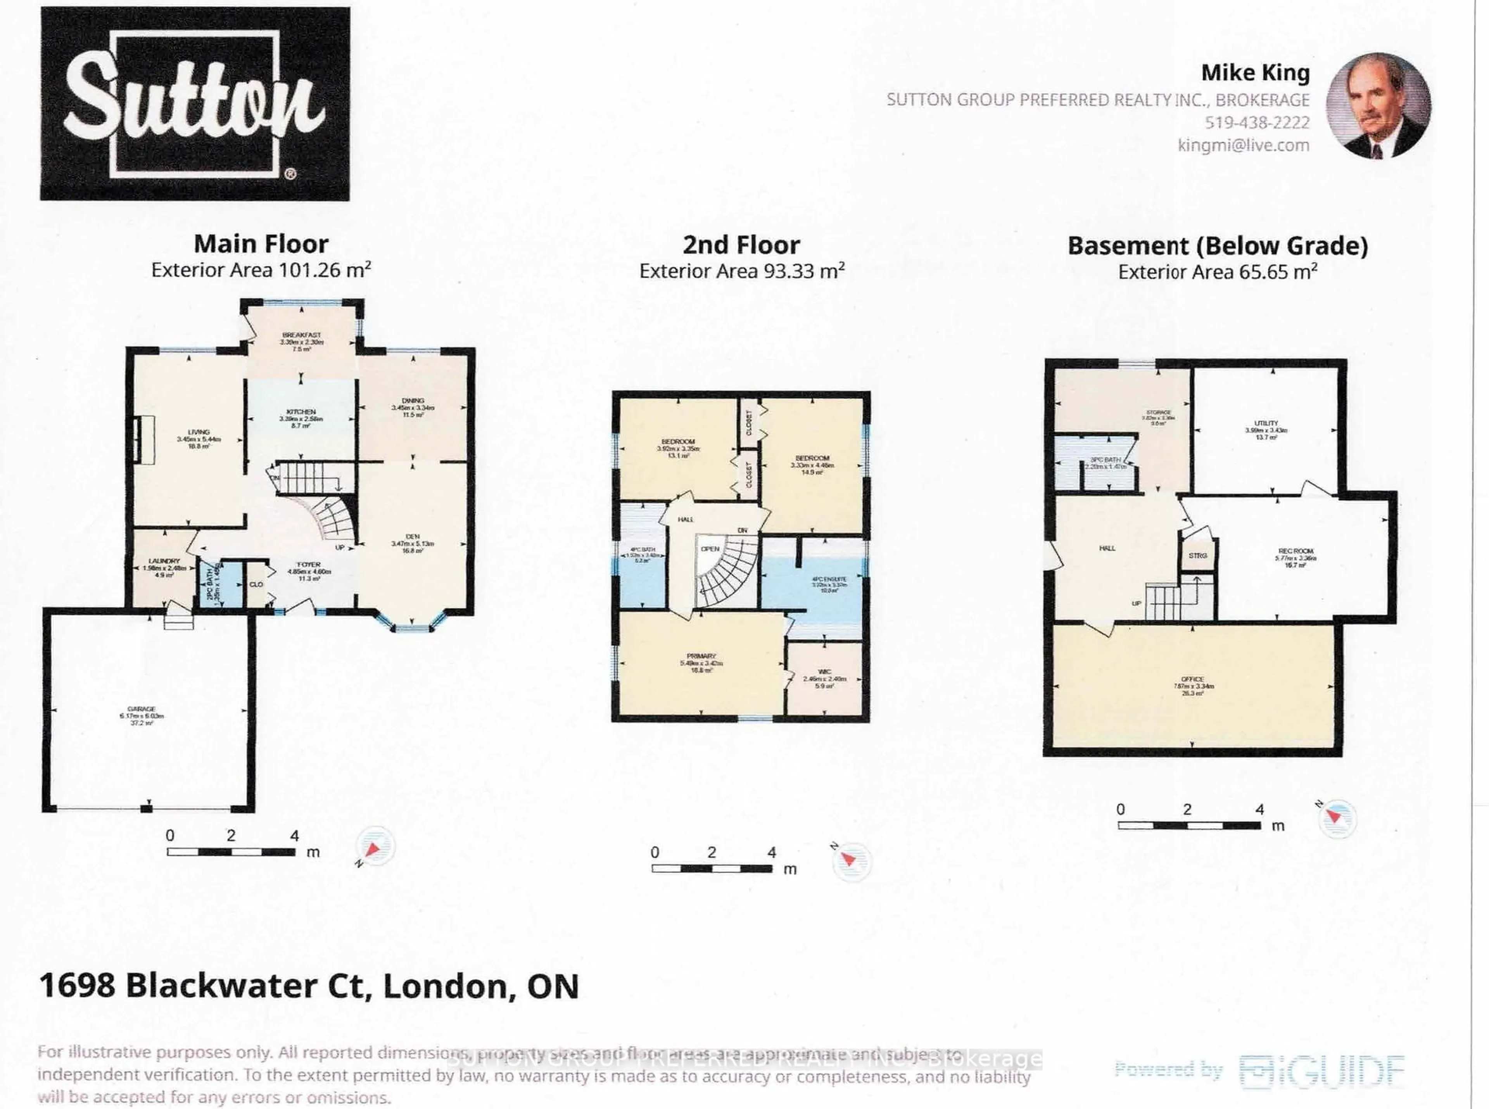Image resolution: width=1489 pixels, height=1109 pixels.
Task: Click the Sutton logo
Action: tap(195, 104)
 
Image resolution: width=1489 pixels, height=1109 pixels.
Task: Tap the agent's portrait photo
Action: tap(1378, 107)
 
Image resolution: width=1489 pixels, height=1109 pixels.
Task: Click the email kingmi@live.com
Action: tap(1243, 145)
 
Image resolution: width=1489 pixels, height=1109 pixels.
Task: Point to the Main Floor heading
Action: tap(261, 244)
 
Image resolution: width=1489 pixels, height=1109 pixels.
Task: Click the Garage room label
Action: tap(142, 709)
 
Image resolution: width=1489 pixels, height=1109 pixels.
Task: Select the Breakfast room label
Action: tap(301, 335)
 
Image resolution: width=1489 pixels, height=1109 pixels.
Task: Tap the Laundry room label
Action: tap(164, 561)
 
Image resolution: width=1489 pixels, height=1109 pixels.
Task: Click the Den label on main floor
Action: tap(412, 536)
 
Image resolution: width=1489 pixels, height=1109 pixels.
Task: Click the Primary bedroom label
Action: tap(701, 656)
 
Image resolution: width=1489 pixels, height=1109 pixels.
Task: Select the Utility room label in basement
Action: tap(1266, 423)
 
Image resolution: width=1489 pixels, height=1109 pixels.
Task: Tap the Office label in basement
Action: tap(1192, 679)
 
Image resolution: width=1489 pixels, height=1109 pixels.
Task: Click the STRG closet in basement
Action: tap(1198, 556)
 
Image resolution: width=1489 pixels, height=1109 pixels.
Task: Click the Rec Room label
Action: tap(1296, 551)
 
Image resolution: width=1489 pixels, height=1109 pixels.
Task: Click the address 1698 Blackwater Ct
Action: tap(309, 986)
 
